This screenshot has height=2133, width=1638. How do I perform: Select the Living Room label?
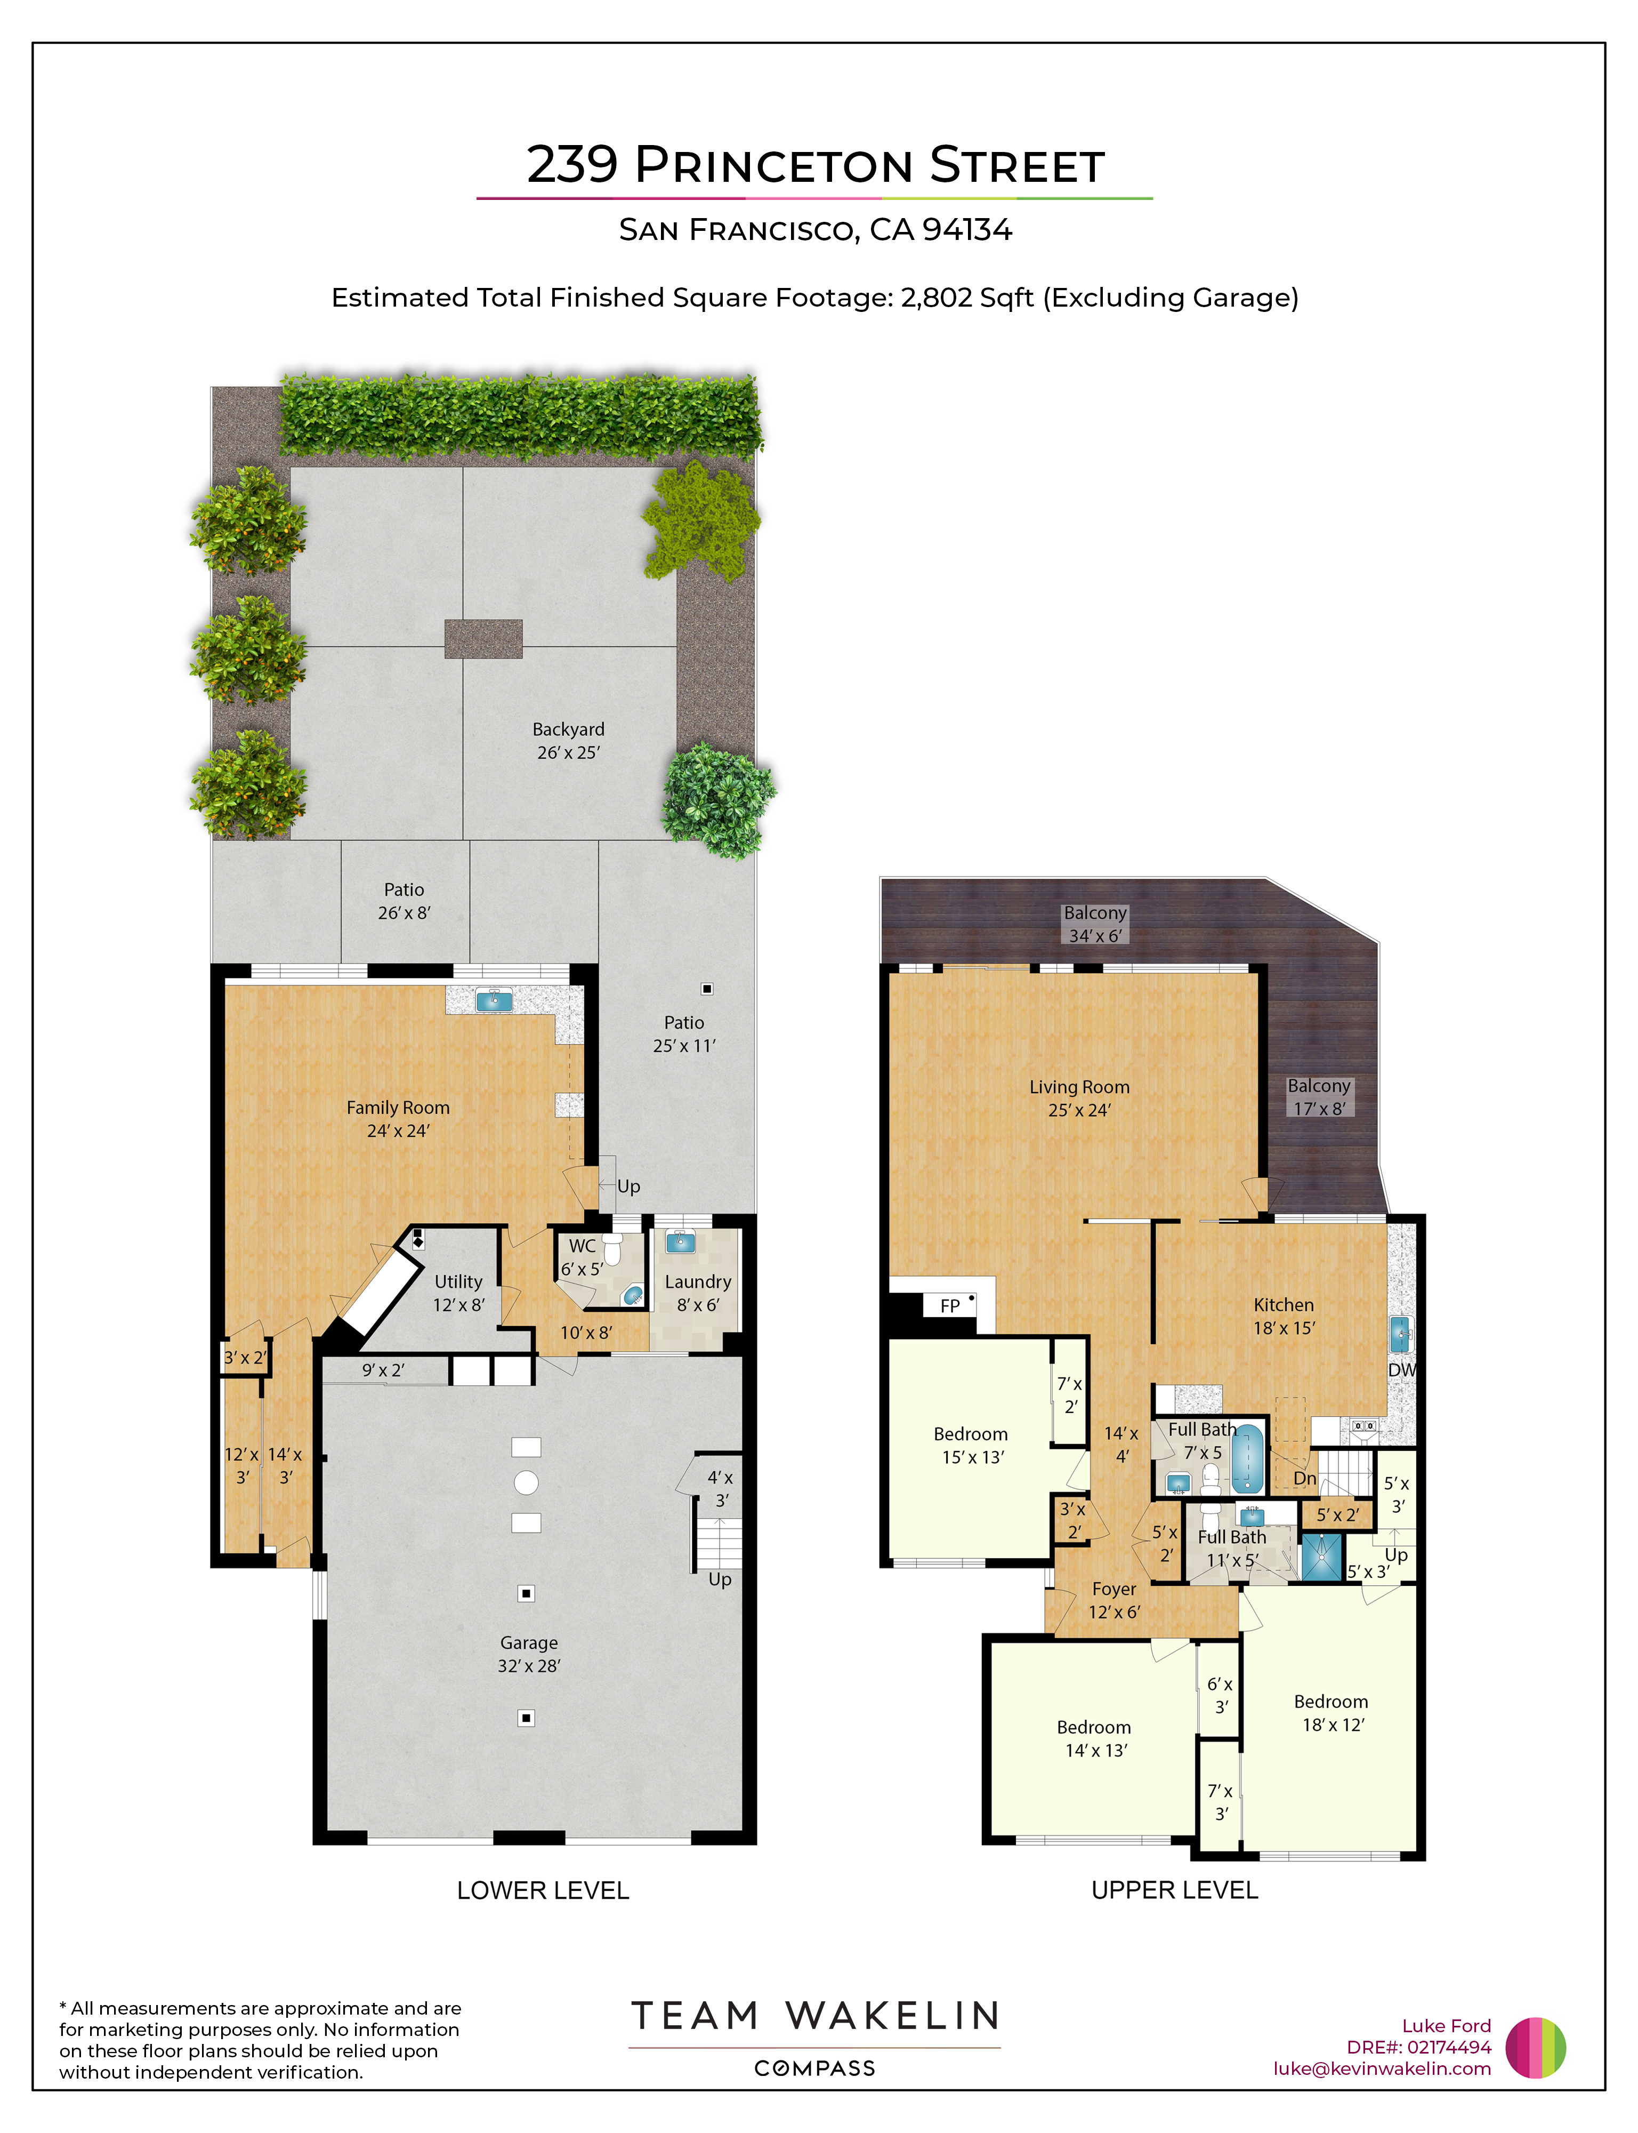coord(1079,1098)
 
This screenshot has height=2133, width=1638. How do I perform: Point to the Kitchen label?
coord(1284,1316)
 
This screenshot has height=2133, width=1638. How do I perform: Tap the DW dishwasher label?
coord(1401,1369)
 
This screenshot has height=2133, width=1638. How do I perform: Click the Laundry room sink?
coord(680,1242)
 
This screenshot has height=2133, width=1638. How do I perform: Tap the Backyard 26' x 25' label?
coord(568,740)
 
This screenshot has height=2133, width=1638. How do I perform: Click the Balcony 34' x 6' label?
coord(1095,924)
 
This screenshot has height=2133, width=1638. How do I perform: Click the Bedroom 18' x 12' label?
coord(1332,1713)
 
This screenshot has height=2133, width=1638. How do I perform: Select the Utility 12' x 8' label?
coord(458,1292)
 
